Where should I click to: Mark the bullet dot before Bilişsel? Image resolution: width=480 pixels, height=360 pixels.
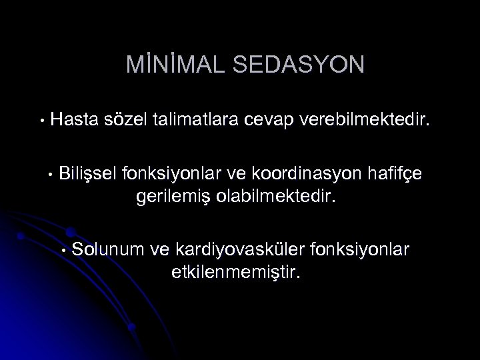[x=50, y=175]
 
